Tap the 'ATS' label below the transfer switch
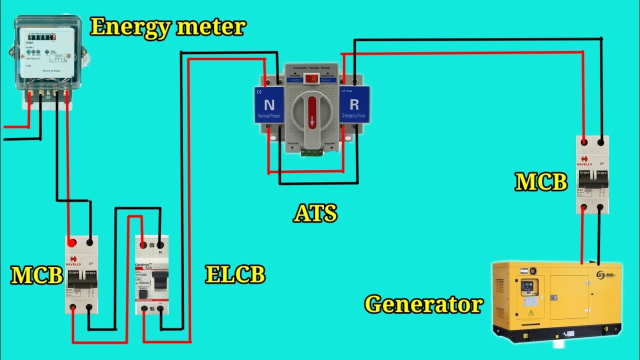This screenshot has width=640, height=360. click(315, 213)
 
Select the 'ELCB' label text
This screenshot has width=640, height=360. click(235, 274)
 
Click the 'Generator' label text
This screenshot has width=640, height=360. click(424, 303)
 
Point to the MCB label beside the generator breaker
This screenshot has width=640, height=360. click(541, 182)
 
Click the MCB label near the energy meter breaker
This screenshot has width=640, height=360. click(36, 275)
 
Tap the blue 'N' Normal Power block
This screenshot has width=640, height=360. click(269, 105)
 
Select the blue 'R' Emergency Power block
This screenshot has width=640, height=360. click(354, 105)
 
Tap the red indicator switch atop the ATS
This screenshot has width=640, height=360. click(312, 78)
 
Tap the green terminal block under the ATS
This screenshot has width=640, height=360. click(312, 153)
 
